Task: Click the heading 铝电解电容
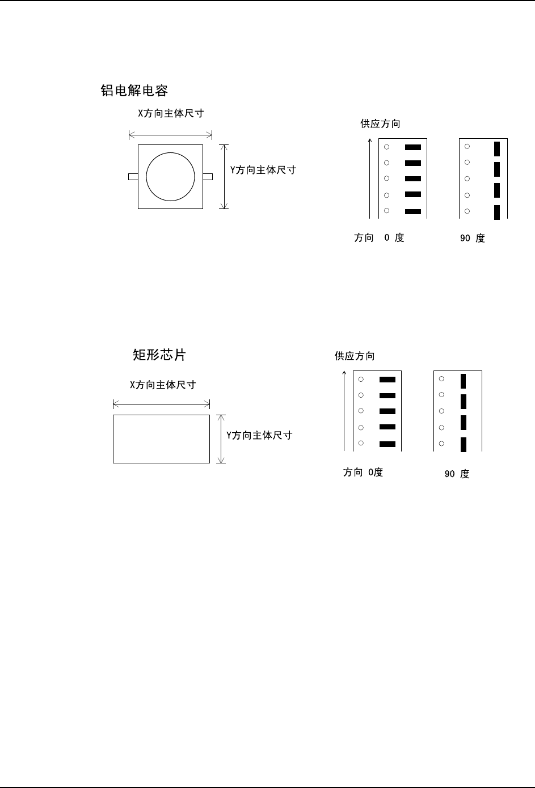[134, 91]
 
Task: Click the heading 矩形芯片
[159, 355]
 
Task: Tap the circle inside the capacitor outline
[170, 176]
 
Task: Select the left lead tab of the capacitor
[133, 177]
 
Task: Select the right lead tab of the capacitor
[208, 177]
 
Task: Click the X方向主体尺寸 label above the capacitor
[171, 113]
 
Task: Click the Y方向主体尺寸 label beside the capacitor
[263, 169]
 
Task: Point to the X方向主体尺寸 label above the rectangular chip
[163, 385]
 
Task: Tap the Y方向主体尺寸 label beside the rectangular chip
[259, 435]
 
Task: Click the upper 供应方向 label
[380, 123]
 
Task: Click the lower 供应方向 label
[355, 356]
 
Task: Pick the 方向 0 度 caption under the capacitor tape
[379, 238]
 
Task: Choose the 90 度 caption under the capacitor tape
[472, 238]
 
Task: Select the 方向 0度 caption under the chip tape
[363, 472]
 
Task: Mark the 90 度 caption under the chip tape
[457, 474]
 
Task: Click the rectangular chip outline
[161, 439]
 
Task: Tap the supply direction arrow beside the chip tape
[344, 410]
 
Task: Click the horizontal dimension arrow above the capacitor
[170, 135]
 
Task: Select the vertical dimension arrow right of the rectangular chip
[221, 438]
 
